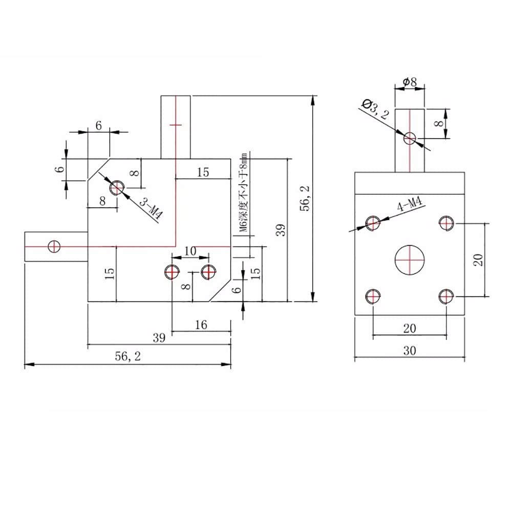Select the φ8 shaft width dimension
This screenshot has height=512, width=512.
click(410, 81)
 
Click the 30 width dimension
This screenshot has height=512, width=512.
click(410, 351)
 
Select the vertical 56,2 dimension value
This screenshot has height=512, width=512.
click(306, 198)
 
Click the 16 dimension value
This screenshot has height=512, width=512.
click(201, 325)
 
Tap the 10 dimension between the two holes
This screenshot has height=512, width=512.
click(189, 251)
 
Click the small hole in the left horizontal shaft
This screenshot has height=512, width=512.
click(54, 246)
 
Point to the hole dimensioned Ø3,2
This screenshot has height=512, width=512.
click(410, 137)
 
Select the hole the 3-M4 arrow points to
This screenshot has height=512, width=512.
click(117, 188)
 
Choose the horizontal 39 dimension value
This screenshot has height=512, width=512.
click(159, 338)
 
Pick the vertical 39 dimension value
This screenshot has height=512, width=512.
click(280, 230)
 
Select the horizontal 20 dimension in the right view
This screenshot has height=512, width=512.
click(410, 329)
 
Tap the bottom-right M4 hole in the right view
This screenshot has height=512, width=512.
click(446, 296)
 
